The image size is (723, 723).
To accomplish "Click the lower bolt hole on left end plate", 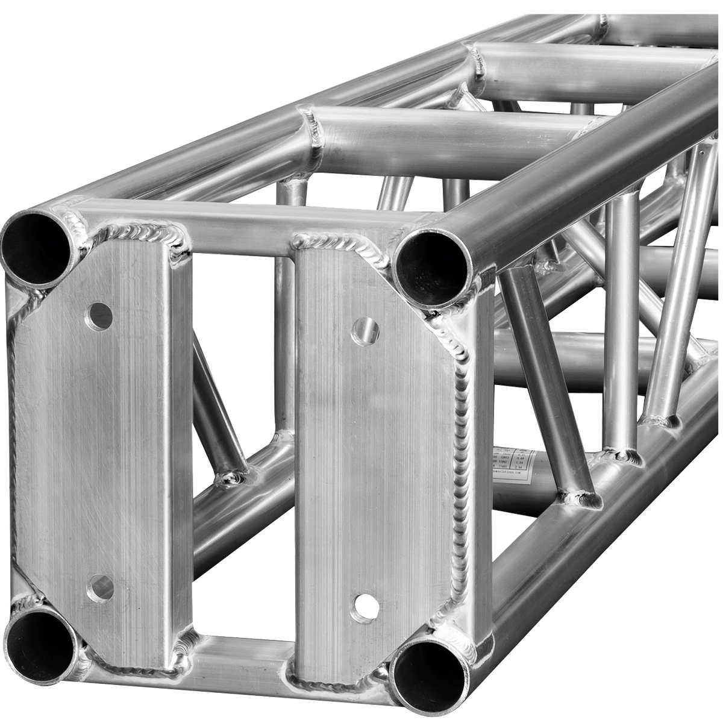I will pos(98,584).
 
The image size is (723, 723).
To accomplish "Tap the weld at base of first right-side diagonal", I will pos(581,497).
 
